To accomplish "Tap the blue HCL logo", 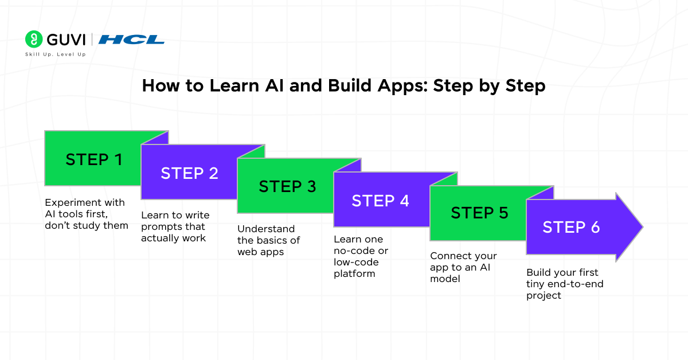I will point(131,40).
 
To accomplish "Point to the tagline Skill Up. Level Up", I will point(56,54).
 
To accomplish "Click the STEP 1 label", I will point(93,159).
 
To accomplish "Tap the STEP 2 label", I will point(189,174).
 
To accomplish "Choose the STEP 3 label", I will point(287,187).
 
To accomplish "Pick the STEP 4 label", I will point(380,201).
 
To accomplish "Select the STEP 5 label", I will point(479,213).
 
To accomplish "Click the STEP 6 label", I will point(571,227).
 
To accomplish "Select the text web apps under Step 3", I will point(260,252).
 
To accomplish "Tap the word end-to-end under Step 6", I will point(576,284).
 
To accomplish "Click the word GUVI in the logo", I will point(65,40).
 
